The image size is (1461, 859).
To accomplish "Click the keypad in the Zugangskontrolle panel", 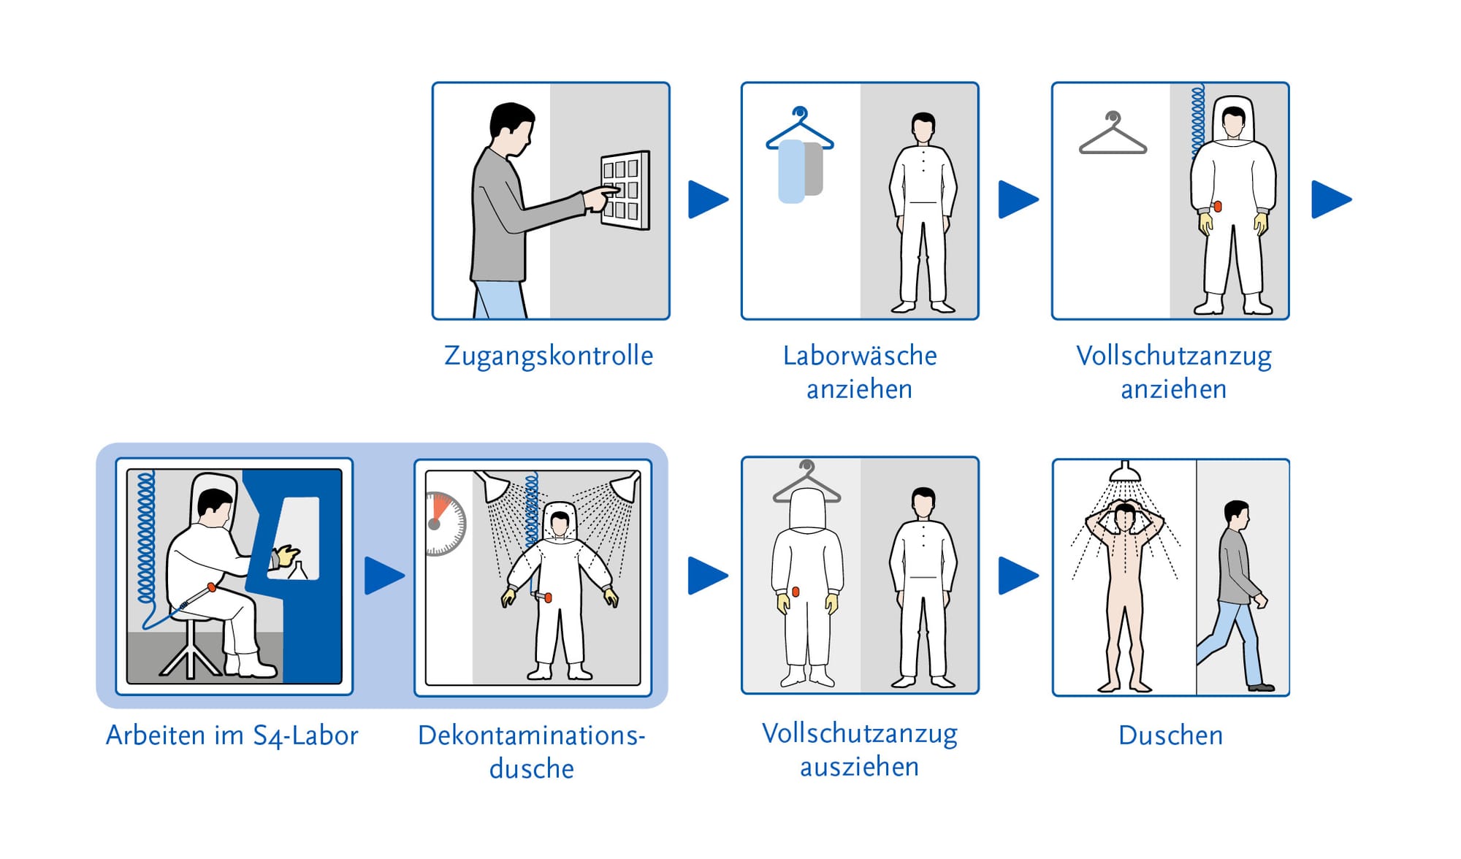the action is click(625, 190).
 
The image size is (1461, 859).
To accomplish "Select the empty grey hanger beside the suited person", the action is click(1113, 133).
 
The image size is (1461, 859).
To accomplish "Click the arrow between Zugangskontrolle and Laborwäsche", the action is click(708, 199).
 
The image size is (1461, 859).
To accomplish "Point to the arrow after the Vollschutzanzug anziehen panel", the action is click(1331, 199).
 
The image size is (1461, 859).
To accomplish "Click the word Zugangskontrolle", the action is click(549, 356).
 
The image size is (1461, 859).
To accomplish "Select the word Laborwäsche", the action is click(860, 356).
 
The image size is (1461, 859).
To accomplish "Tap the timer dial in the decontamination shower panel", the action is click(445, 524).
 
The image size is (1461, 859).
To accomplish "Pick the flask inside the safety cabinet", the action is click(298, 570).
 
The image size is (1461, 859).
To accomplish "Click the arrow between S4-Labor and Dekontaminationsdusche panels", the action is click(384, 576).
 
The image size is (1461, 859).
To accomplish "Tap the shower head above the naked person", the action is click(1125, 473).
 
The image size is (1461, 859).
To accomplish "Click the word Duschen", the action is click(1170, 735).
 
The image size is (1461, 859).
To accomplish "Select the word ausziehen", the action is click(859, 767).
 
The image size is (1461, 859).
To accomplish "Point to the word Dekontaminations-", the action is click(531, 735).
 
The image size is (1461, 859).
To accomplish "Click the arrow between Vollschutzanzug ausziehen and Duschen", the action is click(1018, 576).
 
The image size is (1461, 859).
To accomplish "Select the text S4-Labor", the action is click(305, 736).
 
